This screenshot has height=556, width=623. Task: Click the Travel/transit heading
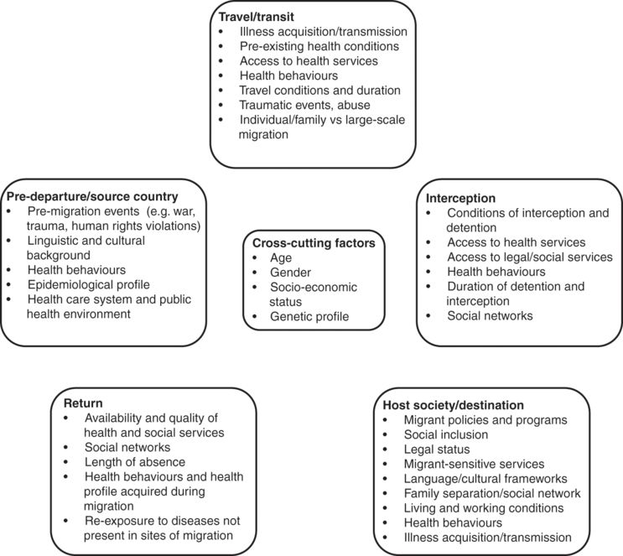[257, 17]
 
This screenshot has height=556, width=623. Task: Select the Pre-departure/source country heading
[92, 197]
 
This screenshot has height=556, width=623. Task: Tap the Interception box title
[460, 198]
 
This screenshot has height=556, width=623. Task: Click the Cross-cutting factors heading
[314, 243]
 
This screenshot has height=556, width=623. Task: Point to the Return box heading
[83, 403]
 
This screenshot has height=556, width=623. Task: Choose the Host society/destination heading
[453, 405]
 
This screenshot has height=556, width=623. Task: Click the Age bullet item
[281, 258]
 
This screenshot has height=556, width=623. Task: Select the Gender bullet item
[290, 273]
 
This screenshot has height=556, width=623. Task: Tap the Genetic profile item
[309, 317]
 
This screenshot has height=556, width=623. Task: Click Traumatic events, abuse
[304, 106]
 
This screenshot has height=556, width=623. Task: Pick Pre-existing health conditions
[319, 46]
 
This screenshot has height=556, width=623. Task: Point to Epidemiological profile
[89, 285]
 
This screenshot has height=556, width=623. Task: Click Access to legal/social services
[530, 257]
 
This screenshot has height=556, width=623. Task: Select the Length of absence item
[135, 462]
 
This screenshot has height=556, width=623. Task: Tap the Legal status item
[437, 449]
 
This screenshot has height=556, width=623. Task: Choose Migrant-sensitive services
[474, 465]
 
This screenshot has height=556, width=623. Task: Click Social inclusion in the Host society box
[446, 434]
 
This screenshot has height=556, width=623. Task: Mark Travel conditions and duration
[319, 91]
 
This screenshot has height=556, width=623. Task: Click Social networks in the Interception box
[490, 316]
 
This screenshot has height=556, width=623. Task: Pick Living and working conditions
[484, 508]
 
